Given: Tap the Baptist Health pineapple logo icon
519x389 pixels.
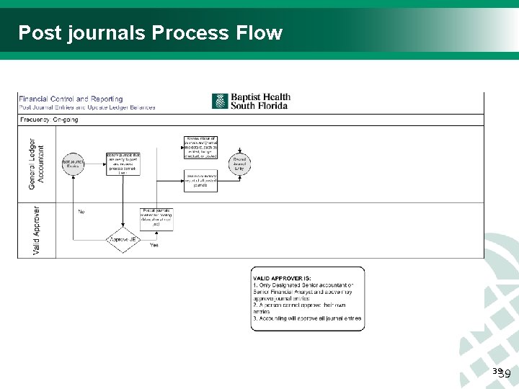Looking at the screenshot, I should [x=220, y=101].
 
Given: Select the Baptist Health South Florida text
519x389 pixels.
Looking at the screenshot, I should [x=259, y=101].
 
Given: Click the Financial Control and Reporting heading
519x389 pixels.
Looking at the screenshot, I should [x=71, y=99].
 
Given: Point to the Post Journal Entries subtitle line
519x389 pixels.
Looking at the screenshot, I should [x=86, y=107].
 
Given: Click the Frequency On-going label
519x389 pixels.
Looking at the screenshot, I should [x=49, y=120].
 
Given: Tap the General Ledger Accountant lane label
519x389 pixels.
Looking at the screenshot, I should [x=36, y=164].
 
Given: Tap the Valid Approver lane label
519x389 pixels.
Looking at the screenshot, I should [x=36, y=231].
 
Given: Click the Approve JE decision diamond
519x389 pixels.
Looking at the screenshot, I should [x=123, y=239].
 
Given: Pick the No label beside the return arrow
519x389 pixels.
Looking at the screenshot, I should [x=81, y=212].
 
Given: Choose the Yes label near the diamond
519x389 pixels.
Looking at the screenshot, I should [x=154, y=246].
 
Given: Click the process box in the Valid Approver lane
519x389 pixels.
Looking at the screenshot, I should [x=156, y=218].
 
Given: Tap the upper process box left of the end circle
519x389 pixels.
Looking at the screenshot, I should [x=200, y=147].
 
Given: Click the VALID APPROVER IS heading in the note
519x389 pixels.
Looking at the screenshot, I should [x=282, y=278].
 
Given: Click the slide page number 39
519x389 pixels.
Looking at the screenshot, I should [x=503, y=373].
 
